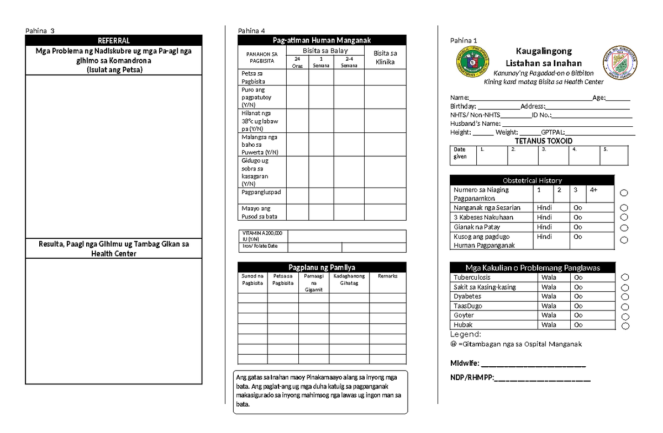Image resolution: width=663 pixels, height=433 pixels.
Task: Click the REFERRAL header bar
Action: tap(113, 41)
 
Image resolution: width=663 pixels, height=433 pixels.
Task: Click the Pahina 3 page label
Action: tap(39, 30)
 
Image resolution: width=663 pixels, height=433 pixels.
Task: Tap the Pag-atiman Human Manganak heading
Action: tap(322, 40)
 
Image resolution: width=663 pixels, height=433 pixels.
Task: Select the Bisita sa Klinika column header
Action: tap(385, 57)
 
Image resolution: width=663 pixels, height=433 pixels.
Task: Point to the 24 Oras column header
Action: tap(297, 62)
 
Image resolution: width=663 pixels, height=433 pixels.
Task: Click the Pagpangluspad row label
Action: tap(261, 192)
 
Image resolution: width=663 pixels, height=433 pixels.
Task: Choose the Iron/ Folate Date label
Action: tap(258, 246)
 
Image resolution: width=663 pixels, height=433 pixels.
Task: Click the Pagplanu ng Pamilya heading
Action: tap(322, 267)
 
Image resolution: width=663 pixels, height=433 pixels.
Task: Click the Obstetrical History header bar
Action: tap(532, 180)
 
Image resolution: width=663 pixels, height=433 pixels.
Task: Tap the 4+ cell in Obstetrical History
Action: tap(600, 193)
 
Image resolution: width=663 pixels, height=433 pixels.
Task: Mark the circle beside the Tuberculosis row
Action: tap(625, 277)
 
